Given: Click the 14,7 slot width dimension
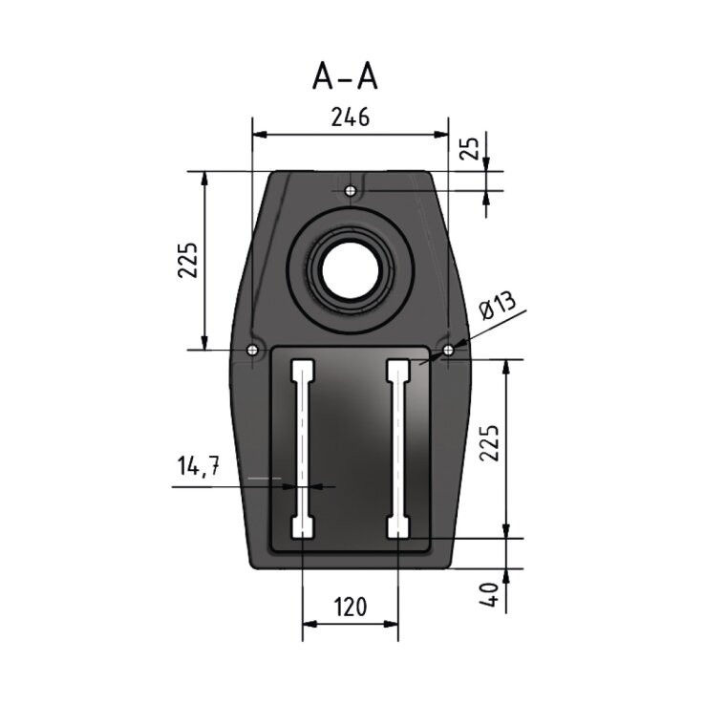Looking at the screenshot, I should (199, 467).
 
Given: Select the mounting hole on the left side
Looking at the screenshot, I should (251, 351).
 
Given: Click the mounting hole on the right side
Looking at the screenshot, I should (450, 351).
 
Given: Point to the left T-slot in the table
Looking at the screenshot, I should (302, 449).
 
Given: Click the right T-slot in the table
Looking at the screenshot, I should (398, 449).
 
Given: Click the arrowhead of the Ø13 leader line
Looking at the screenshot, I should (445, 354).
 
